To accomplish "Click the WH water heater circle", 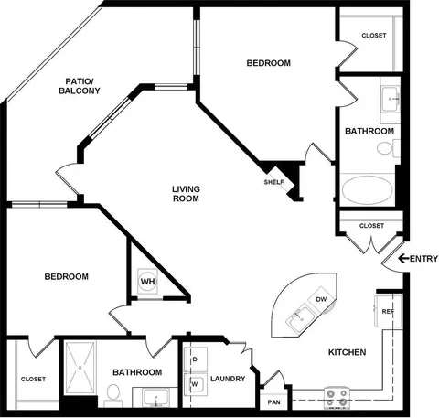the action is [x=147, y=281].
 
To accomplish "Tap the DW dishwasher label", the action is [x=321, y=299].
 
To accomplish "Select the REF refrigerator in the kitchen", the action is [x=388, y=311].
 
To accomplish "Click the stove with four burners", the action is [x=337, y=398].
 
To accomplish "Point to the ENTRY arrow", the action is [x=403, y=259].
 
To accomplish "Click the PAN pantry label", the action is [x=273, y=402].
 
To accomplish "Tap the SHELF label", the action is [x=274, y=182].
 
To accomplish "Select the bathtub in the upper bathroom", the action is [x=367, y=189].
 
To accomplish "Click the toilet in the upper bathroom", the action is [x=388, y=148].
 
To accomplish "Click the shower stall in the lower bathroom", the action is [x=80, y=368].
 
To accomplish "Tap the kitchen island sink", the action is [x=300, y=318].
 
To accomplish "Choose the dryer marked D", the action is [x=196, y=359].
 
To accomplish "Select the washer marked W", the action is [x=196, y=384].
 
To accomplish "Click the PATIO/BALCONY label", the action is [x=80, y=86].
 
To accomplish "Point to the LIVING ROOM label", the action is [x=186, y=194].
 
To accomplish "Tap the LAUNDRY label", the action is [x=228, y=379].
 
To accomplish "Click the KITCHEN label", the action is [x=347, y=352].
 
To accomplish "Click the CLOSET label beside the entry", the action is [x=371, y=226].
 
